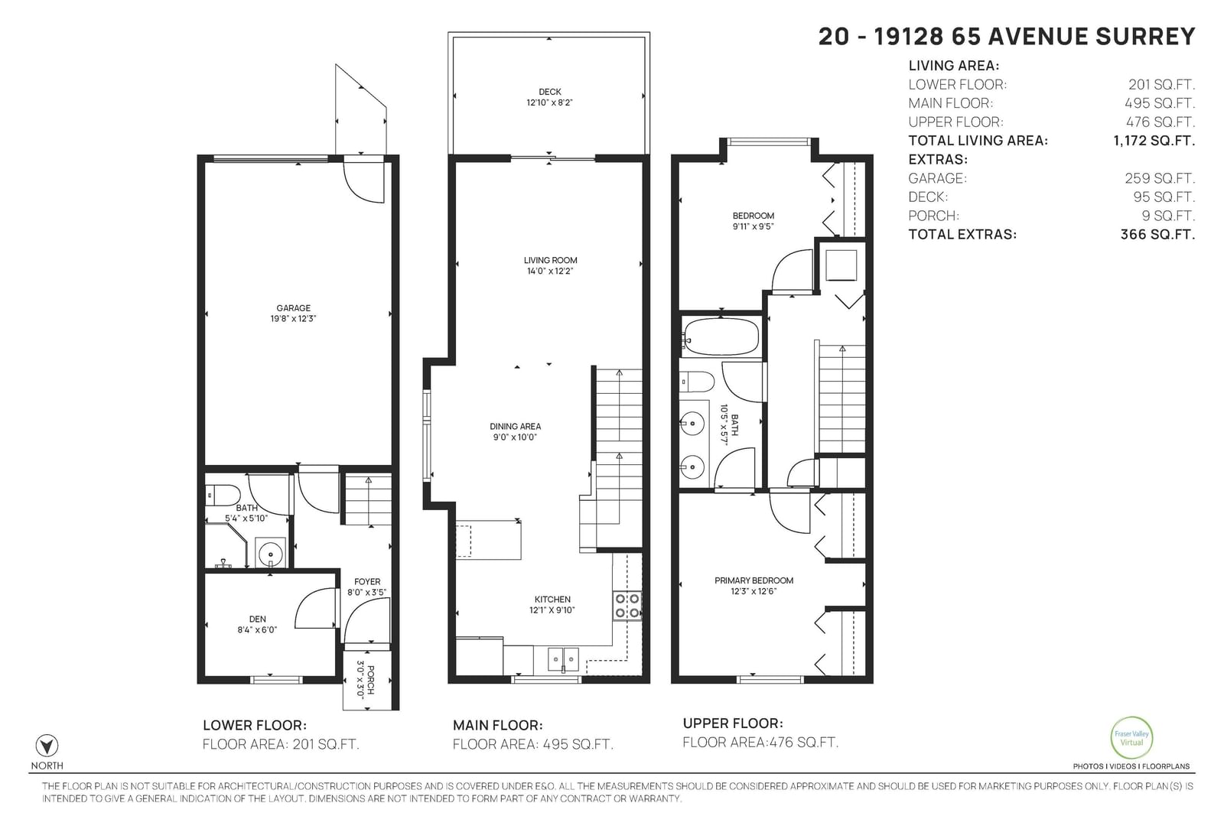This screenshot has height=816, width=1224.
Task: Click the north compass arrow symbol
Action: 47,746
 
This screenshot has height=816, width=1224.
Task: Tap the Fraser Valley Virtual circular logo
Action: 1131,738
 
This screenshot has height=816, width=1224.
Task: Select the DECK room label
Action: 550,92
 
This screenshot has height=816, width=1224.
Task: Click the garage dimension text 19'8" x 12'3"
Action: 294,318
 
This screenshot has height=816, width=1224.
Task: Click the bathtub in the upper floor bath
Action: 721,337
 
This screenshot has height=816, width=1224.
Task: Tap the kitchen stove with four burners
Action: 627,606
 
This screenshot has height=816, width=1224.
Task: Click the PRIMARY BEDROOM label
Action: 754,580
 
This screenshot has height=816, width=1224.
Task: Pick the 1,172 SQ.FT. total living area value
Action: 1154,141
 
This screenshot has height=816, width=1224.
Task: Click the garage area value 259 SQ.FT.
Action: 1160,178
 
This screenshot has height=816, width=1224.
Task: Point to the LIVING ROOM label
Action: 550,261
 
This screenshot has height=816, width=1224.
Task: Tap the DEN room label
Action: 257,619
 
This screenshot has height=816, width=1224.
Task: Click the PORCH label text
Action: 371,680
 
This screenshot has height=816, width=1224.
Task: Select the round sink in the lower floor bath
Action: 270,554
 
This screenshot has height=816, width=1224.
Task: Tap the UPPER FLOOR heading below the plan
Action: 733,723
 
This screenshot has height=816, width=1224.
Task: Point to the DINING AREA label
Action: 516,427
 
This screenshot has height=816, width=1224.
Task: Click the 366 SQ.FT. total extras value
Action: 1157,234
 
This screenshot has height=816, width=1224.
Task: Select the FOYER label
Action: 367,582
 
